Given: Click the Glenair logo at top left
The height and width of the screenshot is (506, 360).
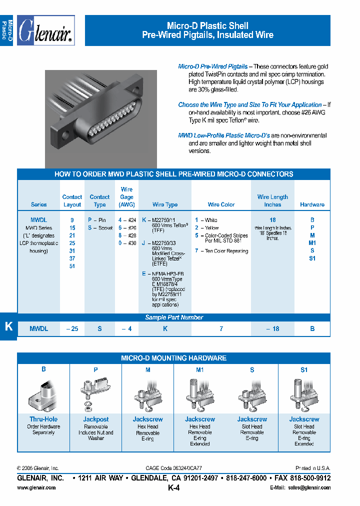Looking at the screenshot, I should (x=45, y=31).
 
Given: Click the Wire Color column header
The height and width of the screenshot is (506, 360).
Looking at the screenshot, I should (x=221, y=204).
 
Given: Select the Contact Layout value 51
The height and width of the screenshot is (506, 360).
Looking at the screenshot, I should (x=72, y=266).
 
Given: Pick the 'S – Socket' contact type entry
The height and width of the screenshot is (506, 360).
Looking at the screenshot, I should (x=99, y=228).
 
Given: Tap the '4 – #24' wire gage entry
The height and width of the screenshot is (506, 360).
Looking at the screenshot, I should (x=127, y=220).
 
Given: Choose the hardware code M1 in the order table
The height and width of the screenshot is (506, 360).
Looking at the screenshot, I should (x=312, y=243).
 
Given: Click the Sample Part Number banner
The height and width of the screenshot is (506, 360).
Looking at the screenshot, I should (x=174, y=317).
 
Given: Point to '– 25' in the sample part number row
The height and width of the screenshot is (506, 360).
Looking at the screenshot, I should (x=72, y=329).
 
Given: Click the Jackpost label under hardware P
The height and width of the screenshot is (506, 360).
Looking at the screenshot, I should (x=95, y=419).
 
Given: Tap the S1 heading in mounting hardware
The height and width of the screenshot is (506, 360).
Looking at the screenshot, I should (x=304, y=370).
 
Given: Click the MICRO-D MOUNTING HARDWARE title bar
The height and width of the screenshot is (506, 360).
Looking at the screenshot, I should (x=174, y=358).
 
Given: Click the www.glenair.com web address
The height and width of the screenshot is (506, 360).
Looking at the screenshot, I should (x=36, y=487).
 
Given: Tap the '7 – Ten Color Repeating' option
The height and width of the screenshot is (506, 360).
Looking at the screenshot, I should (x=221, y=251).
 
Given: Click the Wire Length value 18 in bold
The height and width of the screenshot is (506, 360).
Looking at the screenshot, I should (x=272, y=220).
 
